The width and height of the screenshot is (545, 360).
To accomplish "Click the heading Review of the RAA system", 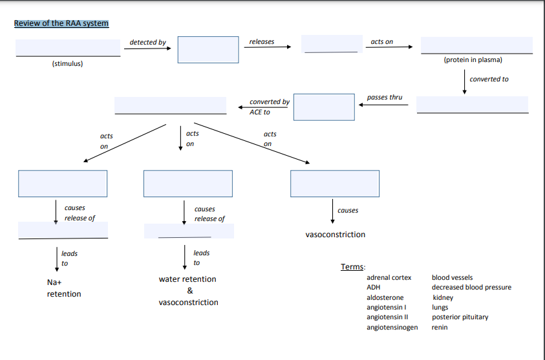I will (61, 23).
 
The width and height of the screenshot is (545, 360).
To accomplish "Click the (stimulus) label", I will (67, 63).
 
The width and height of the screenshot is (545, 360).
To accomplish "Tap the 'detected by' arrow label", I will (147, 42).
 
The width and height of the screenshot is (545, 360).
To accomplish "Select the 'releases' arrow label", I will (261, 41).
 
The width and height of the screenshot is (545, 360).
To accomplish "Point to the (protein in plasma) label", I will (473, 59).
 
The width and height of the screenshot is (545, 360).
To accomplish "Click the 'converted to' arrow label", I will (489, 79).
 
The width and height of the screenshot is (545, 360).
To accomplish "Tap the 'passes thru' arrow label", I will (384, 97).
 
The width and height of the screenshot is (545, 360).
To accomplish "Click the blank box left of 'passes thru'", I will (324, 107).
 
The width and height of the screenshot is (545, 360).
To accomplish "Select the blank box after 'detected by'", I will (208, 49).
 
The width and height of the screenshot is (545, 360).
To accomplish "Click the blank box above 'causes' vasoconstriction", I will (334, 184).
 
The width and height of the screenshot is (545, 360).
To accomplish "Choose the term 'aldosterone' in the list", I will (385, 297).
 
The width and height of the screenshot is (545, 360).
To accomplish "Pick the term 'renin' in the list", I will (440, 327).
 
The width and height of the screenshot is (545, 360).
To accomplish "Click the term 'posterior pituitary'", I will (460, 317).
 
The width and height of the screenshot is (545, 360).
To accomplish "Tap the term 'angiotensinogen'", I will (392, 327).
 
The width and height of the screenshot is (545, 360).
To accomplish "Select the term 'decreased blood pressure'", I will (471, 287).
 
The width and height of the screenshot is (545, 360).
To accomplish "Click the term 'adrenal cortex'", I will (389, 277).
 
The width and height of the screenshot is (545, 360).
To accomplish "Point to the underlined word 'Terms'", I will (352, 267).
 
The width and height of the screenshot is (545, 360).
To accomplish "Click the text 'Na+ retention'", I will (63, 288).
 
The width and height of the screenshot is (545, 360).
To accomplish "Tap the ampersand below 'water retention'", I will (189, 291).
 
